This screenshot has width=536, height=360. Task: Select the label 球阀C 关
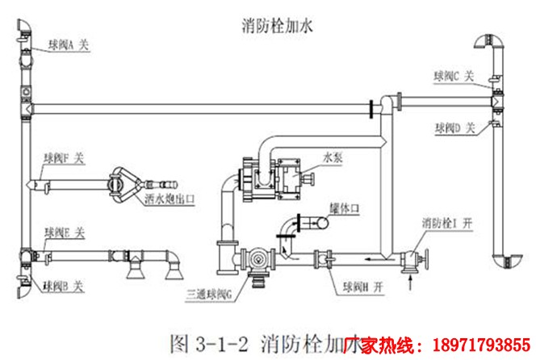(456, 76)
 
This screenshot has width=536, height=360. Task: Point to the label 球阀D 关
(456, 128)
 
